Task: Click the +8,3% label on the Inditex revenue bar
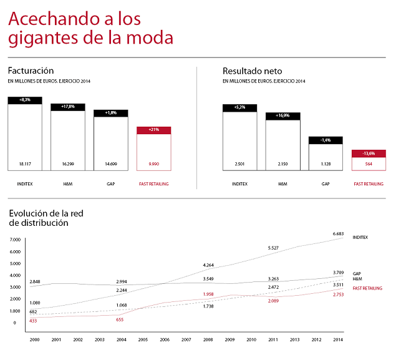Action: pos(25,100)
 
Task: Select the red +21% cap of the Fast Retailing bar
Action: pos(153,130)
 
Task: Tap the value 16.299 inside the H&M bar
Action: pos(68,163)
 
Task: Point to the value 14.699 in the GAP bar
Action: pos(111,163)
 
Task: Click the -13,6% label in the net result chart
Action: pos(368,153)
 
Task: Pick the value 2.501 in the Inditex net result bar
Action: pos(239,163)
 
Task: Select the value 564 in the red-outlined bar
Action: pos(368,163)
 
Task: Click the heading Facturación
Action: pos(31,71)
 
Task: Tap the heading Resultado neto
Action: pos(252,71)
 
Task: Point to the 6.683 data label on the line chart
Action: pos(339,233)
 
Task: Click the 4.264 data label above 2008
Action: pos(209,265)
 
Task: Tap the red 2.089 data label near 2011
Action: pos(273,301)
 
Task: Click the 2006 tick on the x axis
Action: pos(165,340)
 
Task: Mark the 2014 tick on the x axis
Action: pos(337,340)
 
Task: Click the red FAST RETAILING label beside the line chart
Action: pos(368,288)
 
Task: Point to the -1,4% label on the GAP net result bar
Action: pos(326,140)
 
